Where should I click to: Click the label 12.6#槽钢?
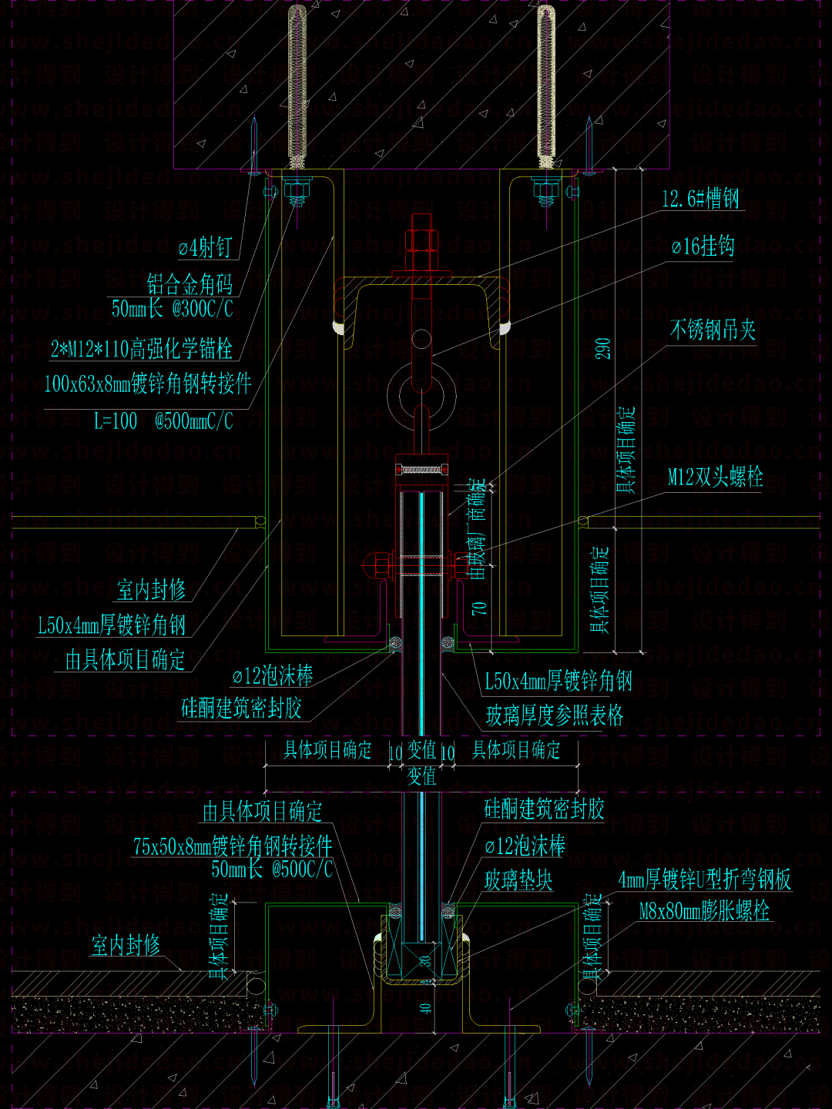tap(700, 199)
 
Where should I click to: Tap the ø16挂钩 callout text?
tap(703, 246)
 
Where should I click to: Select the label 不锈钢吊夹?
tap(713, 330)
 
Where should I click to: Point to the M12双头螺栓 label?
tap(715, 477)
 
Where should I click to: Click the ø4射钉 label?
tap(205, 247)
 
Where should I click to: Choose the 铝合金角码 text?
tap(190, 284)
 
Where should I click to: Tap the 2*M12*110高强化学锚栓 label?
tap(142, 349)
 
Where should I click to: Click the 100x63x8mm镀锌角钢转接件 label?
tap(148, 383)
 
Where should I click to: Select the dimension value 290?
tap(603, 348)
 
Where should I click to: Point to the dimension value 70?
tap(479, 608)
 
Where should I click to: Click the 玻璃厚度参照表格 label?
tap(555, 715)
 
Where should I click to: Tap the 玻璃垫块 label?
tap(518, 880)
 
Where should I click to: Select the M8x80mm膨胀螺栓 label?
tap(704, 911)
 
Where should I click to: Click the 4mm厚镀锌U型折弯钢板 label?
tap(704, 879)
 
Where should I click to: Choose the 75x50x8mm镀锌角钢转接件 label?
tap(233, 846)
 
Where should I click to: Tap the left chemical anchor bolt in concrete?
tap(297, 85)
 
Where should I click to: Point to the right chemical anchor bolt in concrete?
tap(546, 85)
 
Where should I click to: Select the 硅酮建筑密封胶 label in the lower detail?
tap(544, 809)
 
